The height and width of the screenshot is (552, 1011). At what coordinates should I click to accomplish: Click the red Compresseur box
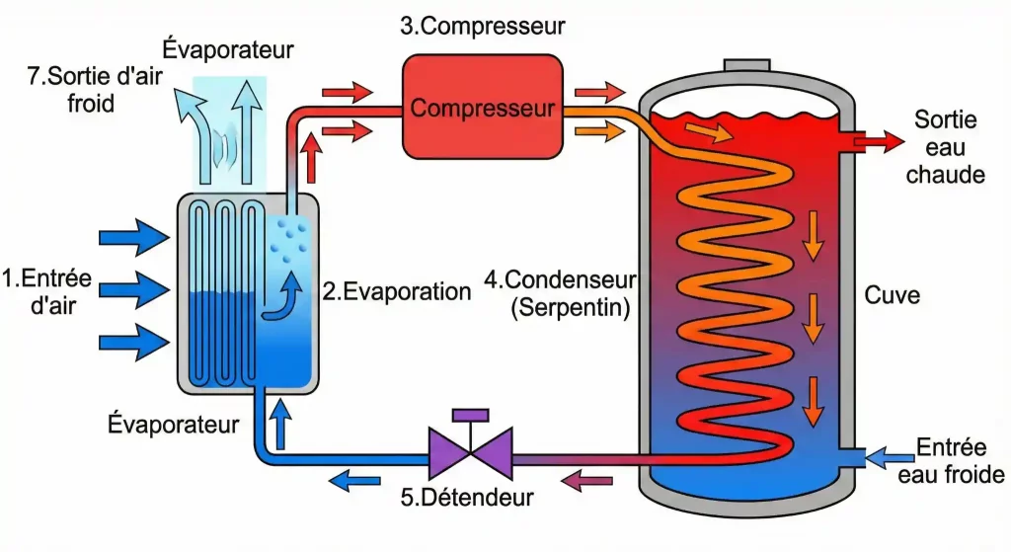482,107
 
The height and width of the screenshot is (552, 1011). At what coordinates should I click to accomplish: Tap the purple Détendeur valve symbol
470,449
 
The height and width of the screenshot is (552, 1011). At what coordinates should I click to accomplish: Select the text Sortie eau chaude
945,147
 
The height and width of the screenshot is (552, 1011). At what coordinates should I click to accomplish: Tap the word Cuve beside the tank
892,294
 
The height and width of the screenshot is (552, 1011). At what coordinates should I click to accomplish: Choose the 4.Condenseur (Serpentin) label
560,292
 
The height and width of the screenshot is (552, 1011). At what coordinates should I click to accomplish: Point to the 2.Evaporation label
397,291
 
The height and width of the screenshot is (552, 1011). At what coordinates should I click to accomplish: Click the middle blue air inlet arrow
135,290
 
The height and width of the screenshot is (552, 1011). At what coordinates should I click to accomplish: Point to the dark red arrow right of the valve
585,481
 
